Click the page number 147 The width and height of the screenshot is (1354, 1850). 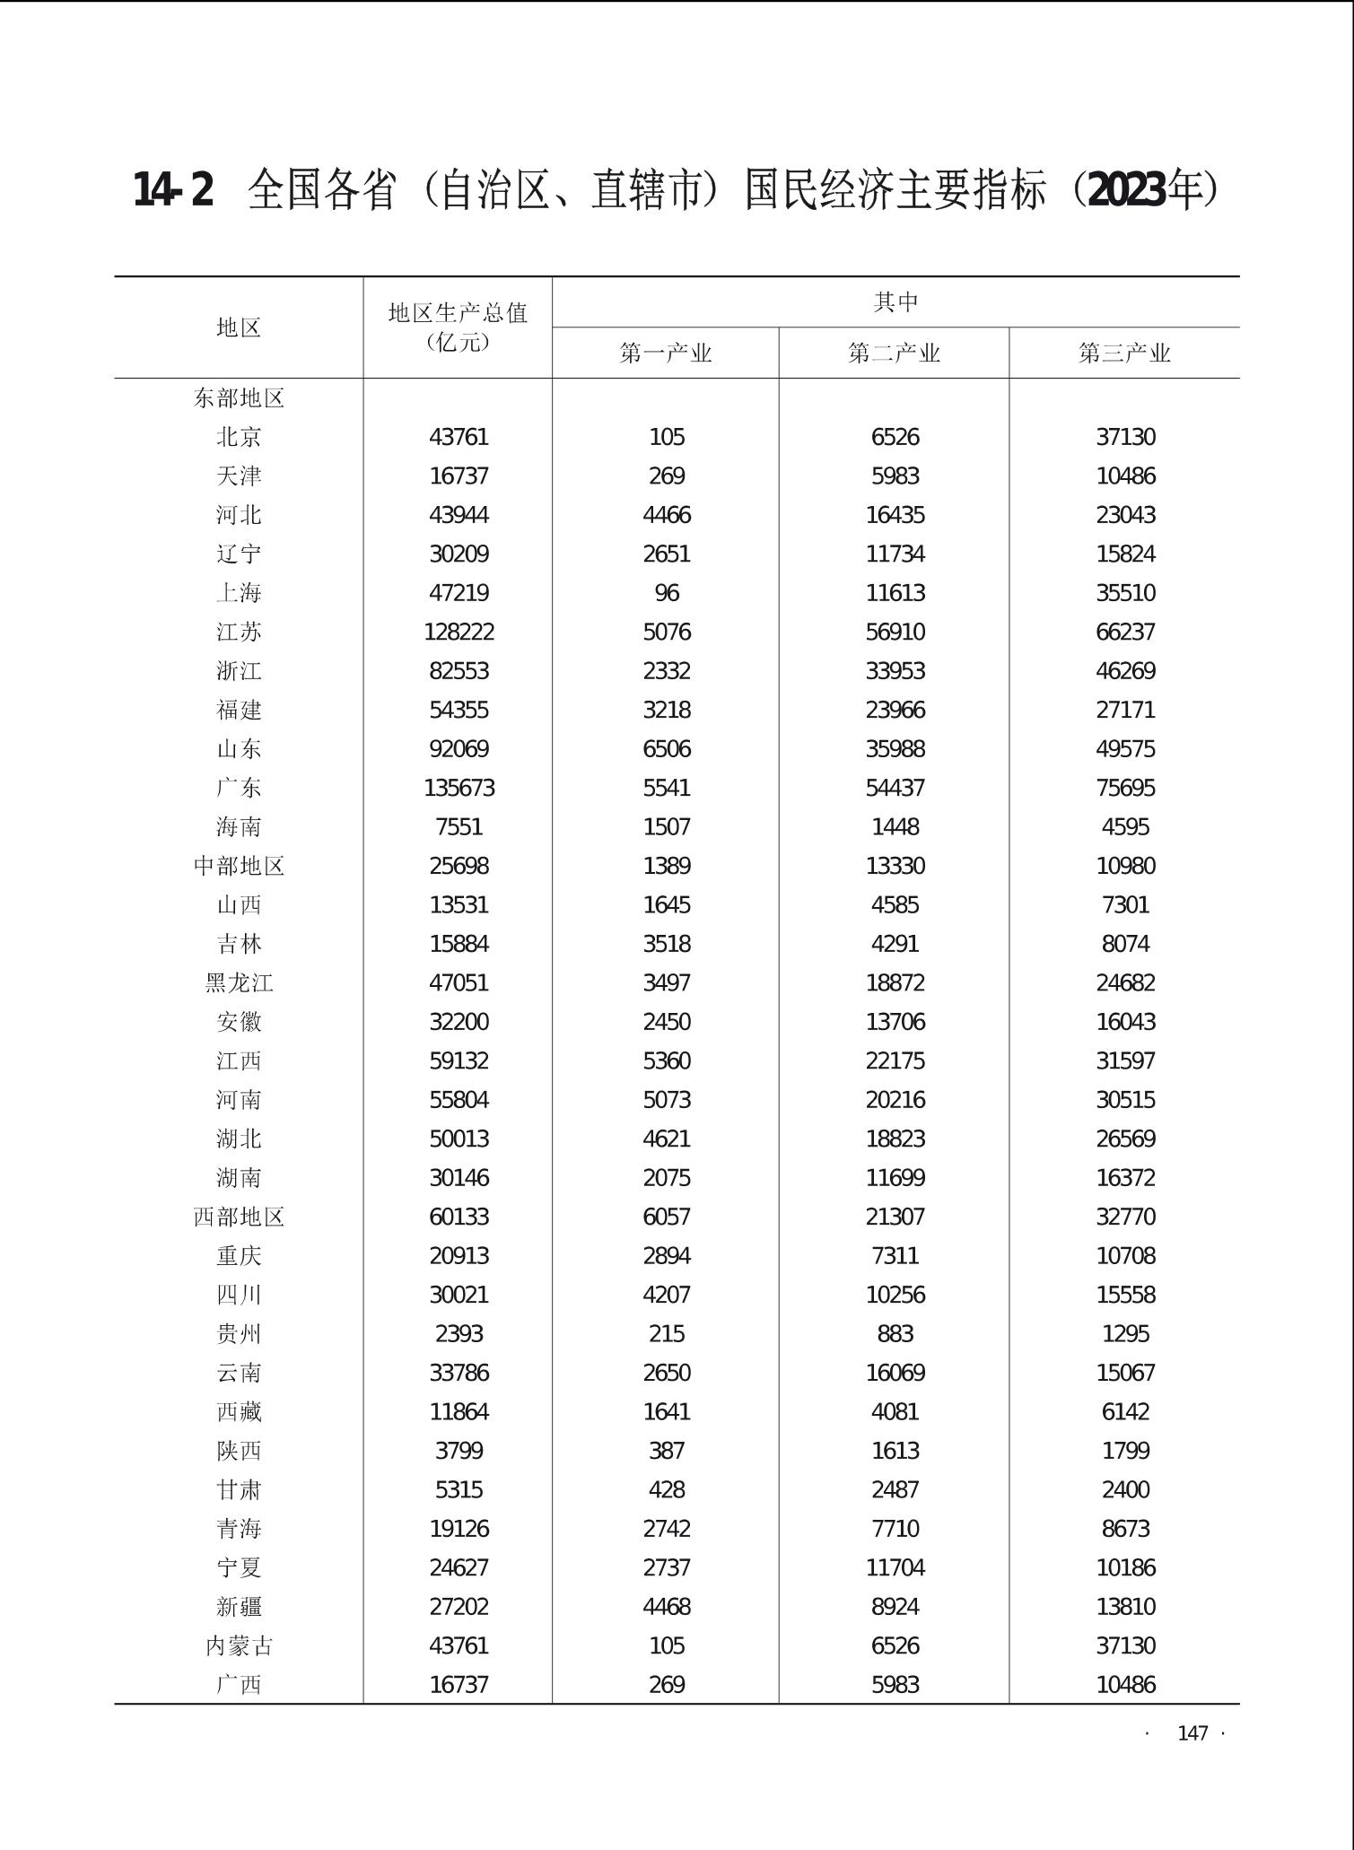[1192, 1733]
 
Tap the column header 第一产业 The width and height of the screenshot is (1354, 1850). [666, 353]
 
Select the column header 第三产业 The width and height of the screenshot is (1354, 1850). [1124, 353]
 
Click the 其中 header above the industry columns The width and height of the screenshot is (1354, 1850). [895, 302]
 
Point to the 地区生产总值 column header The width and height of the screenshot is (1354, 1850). [458, 313]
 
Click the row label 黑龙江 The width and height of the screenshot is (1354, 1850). [239, 983]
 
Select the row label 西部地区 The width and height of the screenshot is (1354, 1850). [239, 1217]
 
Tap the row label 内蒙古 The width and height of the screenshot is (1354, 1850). [239, 1646]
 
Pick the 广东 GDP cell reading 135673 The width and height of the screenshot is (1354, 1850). [459, 788]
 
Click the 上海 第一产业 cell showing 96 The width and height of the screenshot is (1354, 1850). [667, 593]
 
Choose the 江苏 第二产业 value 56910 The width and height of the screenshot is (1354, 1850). [895, 633]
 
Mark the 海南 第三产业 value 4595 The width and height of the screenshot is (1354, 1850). [1125, 827]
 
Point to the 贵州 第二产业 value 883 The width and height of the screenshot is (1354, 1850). [895, 1334]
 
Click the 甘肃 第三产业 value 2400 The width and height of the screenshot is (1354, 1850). [1125, 1490]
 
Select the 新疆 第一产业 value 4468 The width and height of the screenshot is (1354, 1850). [667, 1607]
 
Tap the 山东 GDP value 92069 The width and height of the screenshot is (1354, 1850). [459, 749]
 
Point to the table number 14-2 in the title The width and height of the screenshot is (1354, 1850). [173, 190]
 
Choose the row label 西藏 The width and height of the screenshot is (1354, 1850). [239, 1412]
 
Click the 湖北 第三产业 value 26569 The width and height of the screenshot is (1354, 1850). [1125, 1139]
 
